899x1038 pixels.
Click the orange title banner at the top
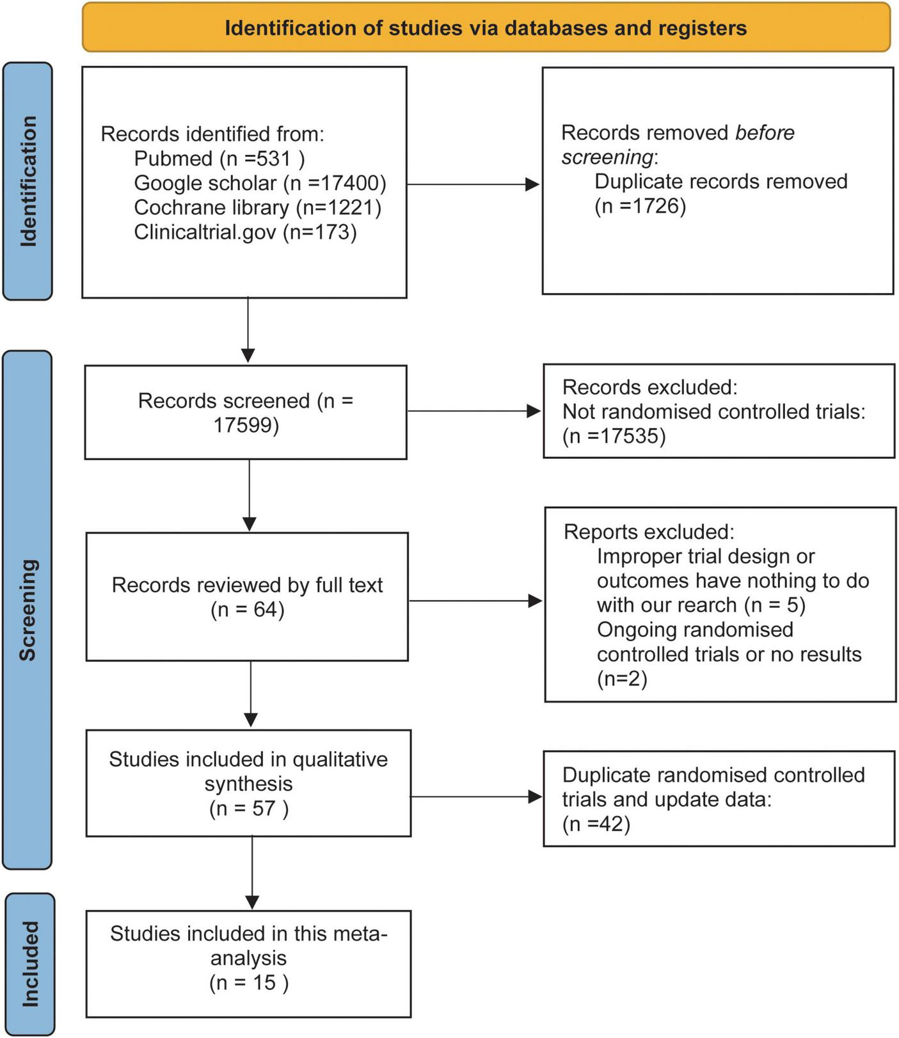(486, 28)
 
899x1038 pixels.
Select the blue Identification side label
(28, 181)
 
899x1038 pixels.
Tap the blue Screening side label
(28, 609)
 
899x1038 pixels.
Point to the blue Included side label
(29, 964)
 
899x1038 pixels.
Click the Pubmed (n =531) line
(219, 158)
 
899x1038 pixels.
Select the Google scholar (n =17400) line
(260, 183)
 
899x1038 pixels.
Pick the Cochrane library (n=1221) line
(257, 207)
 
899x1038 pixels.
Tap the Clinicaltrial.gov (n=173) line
(245, 232)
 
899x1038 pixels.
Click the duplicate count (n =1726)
(640, 206)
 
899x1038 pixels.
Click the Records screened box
(246, 412)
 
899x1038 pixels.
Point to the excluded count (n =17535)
(614, 436)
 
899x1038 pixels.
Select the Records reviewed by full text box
(247, 596)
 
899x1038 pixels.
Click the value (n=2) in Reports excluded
(621, 678)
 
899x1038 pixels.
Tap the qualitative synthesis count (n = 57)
(248, 808)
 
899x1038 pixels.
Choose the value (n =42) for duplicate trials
(596, 824)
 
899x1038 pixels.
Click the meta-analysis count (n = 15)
(248, 982)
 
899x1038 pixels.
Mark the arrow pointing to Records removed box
(473, 184)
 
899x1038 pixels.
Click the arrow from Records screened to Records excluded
(474, 411)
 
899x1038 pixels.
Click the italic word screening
(607, 157)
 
